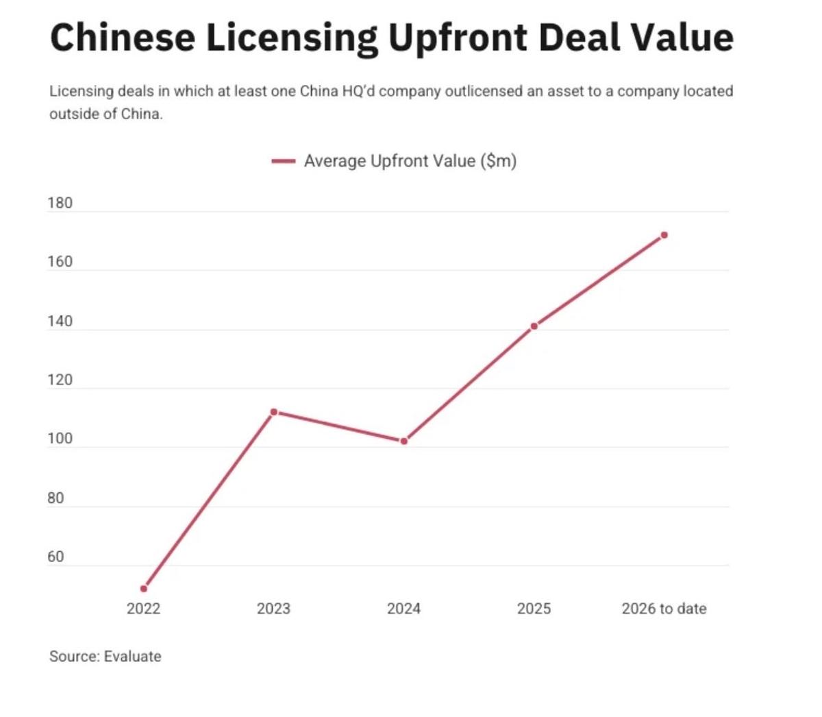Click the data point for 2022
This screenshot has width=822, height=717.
144,589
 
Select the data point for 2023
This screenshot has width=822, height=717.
274,412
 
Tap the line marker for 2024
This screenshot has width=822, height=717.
404,441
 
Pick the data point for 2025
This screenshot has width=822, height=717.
534,326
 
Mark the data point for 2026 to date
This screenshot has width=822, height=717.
664,235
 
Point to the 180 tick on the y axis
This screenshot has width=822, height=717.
60,203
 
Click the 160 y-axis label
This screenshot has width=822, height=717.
60,262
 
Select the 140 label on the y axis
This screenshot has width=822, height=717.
60,321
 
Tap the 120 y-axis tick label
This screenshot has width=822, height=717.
60,380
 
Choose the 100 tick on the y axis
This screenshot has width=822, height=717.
60,439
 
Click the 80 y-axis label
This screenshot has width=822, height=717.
55,498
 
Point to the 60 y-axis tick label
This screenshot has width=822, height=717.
55,557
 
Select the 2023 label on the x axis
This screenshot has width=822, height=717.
273,609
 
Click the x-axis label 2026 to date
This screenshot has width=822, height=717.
664,609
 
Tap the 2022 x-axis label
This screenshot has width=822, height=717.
143,609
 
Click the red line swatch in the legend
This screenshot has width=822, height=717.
283,162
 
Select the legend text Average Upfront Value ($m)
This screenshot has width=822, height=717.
410,161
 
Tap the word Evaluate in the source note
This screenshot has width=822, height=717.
133,657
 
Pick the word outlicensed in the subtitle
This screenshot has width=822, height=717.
484,92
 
